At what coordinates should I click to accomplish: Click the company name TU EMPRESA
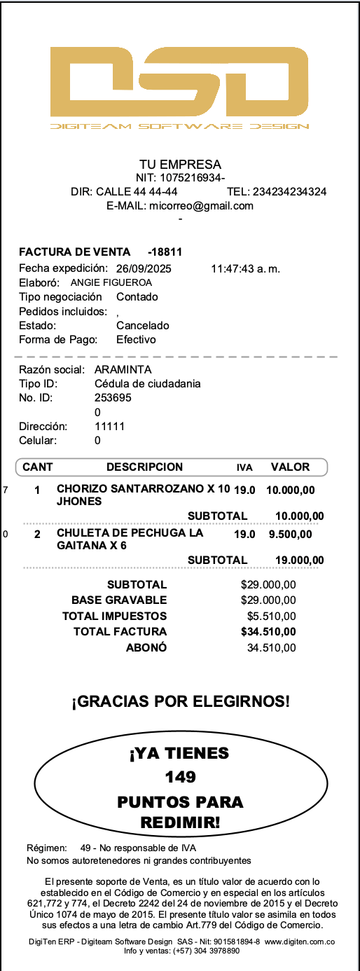tap(180, 165)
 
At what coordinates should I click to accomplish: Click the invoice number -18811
tap(165, 252)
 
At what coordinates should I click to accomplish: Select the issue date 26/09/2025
tap(144, 268)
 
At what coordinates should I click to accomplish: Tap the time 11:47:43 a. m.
tap(245, 268)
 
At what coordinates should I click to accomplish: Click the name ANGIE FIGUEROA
tap(111, 282)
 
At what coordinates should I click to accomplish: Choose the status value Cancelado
tap(142, 325)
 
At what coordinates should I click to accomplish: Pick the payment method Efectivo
tap(136, 339)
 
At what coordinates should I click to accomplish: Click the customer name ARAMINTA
tap(123, 369)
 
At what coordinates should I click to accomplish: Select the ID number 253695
tap(112, 398)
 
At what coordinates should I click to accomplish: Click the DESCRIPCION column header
tap(144, 467)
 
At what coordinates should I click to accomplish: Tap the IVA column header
tap(244, 467)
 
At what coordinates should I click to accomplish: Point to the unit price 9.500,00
tap(291, 534)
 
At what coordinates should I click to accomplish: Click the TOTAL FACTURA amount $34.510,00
tap(268, 632)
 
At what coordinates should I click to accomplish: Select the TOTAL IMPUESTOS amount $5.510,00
tap(272, 616)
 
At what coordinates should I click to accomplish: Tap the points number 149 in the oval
tap(180, 777)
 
